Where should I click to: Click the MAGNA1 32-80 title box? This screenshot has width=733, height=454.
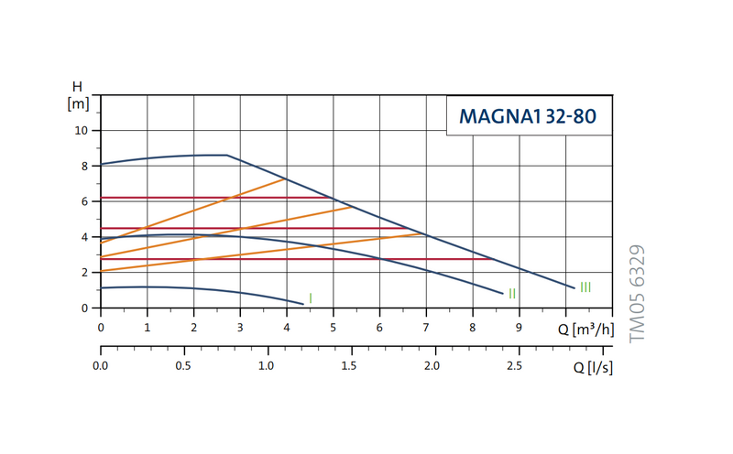(529, 116)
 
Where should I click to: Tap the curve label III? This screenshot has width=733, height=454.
(585, 287)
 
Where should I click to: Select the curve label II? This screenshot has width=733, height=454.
(512, 293)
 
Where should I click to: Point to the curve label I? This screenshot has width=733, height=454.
(311, 297)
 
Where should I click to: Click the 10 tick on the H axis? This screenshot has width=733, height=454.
(81, 131)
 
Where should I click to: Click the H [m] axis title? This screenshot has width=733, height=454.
(77, 95)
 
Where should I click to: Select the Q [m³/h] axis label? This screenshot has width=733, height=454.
(585, 329)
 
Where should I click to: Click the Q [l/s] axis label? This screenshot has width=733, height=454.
(593, 368)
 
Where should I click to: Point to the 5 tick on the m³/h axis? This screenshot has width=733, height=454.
(333, 328)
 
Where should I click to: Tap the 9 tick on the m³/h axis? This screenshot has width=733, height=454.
(519, 328)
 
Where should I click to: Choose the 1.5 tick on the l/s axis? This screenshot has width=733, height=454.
(349, 367)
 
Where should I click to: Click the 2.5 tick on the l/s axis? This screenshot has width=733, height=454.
(514, 367)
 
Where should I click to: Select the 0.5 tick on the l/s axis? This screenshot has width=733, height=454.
(183, 367)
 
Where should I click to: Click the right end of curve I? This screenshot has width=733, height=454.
(302, 303)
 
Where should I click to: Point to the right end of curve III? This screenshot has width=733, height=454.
(574, 288)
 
